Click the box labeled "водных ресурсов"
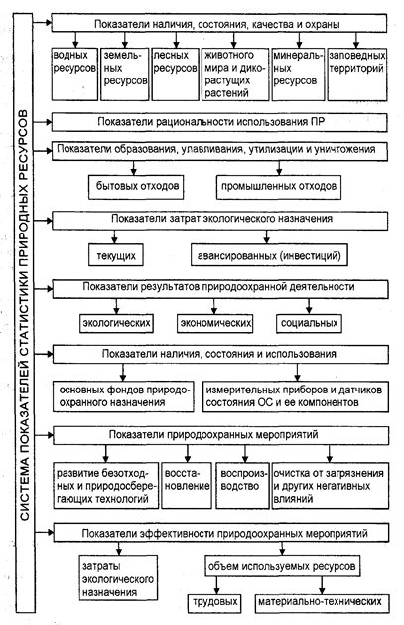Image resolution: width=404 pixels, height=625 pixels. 74,75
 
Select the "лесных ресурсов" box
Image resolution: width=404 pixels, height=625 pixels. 175,75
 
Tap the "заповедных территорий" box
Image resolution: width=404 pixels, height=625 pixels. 357,75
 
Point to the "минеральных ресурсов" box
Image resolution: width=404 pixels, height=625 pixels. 298,75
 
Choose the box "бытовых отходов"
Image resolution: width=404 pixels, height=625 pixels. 136,187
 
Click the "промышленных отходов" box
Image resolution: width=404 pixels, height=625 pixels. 279,187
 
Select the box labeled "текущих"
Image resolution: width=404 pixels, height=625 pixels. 116,255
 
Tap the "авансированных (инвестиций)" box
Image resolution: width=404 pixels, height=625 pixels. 269,255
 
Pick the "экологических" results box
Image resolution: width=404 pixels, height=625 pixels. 116,323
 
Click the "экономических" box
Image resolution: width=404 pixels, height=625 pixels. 215,323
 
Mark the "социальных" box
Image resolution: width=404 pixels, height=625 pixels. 309,323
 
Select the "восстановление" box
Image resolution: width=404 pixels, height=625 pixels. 187,485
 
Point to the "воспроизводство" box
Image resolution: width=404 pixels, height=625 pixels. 242,485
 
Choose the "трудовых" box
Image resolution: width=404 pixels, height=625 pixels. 214,602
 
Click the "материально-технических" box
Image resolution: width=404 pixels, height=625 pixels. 322,602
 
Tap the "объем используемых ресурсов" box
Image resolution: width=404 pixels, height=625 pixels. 282,566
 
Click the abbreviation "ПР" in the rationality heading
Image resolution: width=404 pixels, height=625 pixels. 317,122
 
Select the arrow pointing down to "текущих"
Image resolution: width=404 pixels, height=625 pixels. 114,236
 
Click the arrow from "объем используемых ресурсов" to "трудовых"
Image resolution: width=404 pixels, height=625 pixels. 216,585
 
